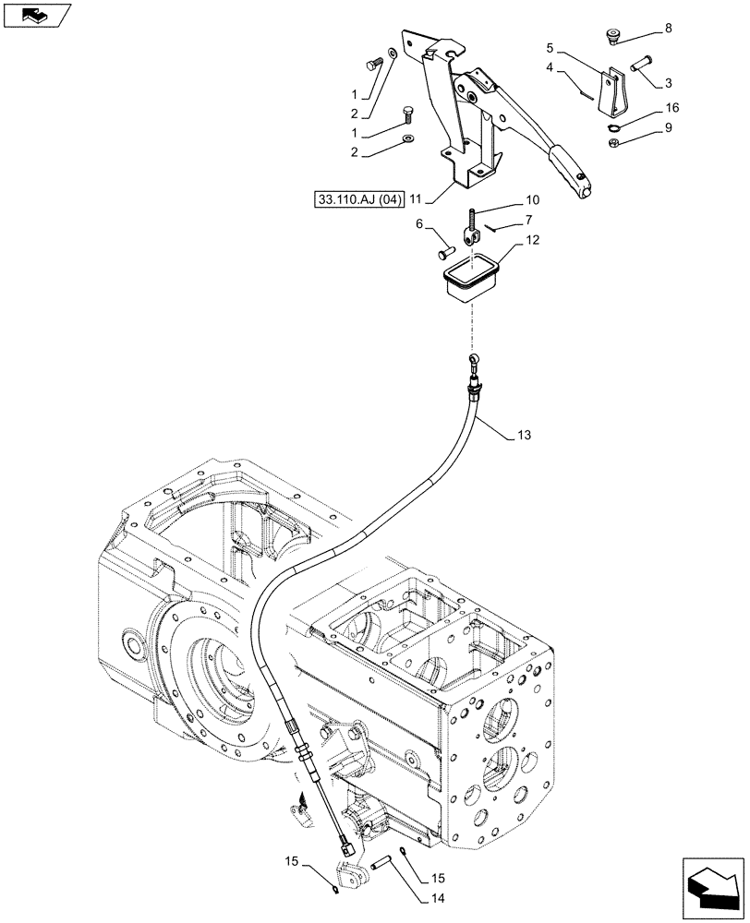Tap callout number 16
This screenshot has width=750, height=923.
pos(671,108)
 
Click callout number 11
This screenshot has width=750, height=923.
pos(416,198)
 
